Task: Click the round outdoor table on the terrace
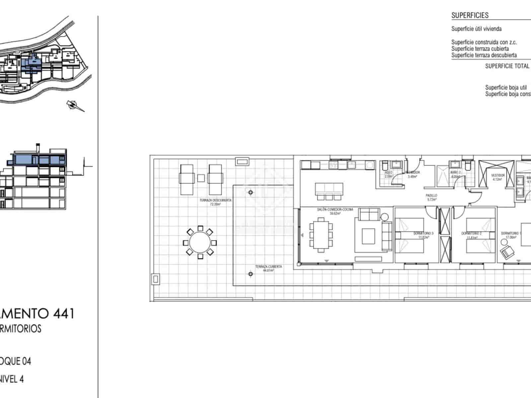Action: point(200,242)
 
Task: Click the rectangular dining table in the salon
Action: point(321,234)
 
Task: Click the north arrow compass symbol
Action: point(76,105)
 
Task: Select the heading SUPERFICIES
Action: point(470,15)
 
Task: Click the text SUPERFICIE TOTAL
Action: point(507,66)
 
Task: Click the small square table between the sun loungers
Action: point(201,178)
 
